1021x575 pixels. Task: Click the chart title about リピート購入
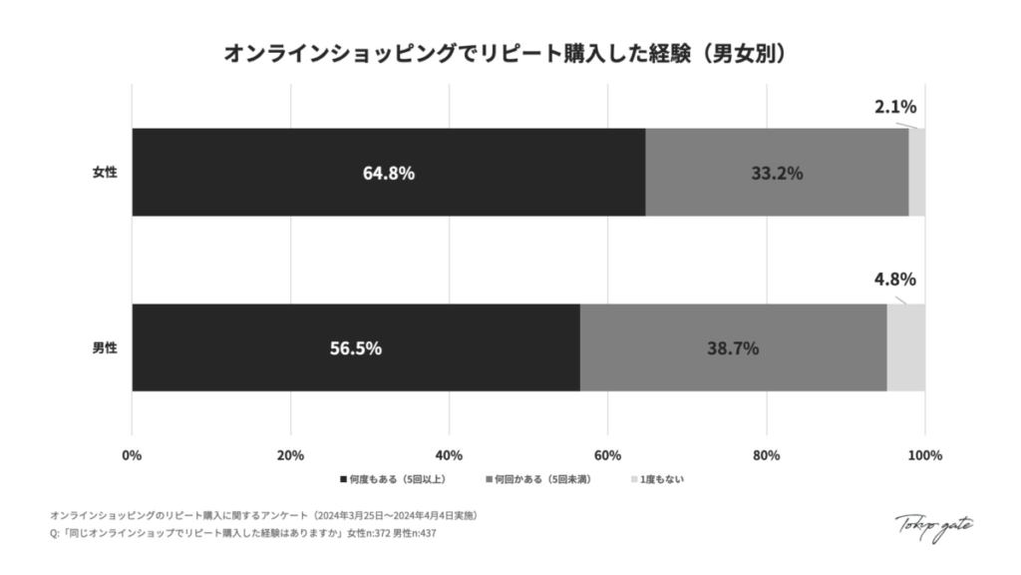[x=510, y=53]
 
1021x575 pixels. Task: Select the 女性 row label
[x=105, y=172]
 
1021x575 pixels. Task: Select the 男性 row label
[x=105, y=348]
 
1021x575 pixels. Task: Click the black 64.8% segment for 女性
[x=388, y=172]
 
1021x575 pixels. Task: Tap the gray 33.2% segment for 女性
[x=777, y=172]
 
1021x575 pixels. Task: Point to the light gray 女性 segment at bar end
[x=916, y=172]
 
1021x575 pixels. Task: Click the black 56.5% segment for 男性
[x=355, y=348]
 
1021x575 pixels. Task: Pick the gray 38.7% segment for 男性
[x=733, y=348]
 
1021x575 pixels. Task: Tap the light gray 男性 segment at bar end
[x=905, y=348]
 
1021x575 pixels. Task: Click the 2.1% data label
[x=894, y=107]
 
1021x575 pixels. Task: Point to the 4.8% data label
[x=894, y=280]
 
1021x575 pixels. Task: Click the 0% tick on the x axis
[x=132, y=456]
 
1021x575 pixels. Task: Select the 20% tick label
[x=290, y=456]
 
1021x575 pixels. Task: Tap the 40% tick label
[x=449, y=456]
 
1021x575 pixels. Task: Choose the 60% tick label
[x=607, y=456]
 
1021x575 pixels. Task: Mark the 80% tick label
[x=766, y=456]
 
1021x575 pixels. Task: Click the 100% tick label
[x=924, y=456]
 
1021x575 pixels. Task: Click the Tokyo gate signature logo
[x=934, y=524]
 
